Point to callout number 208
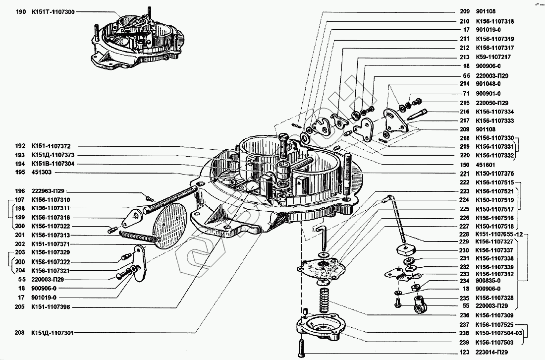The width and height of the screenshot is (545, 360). [20, 333]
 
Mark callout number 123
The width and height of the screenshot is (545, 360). [464, 352]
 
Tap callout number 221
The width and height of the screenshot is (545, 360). [464, 174]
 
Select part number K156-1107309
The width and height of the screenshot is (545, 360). [494, 315]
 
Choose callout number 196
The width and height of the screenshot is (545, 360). [20, 191]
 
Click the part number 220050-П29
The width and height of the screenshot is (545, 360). [491, 103]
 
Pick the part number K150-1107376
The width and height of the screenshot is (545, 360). [494, 174]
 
